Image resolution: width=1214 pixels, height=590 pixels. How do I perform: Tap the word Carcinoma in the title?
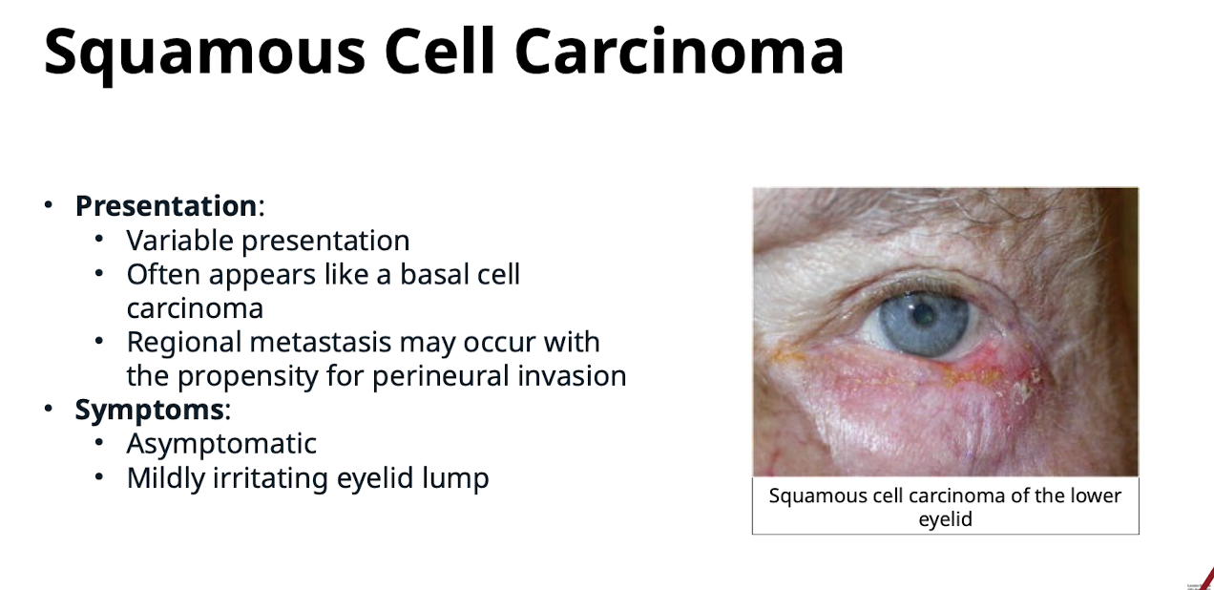(x=680, y=51)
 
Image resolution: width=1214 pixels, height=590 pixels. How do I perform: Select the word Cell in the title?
(x=440, y=51)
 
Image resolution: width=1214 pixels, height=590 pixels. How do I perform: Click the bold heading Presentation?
(x=166, y=206)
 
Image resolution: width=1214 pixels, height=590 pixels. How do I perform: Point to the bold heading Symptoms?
(x=149, y=410)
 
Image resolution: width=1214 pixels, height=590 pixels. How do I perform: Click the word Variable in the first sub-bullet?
(x=180, y=241)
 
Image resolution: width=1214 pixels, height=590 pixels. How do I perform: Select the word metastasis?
(x=321, y=342)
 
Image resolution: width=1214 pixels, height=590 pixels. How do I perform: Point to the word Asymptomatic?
(x=221, y=445)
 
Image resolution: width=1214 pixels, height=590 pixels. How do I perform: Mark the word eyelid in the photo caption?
(x=945, y=519)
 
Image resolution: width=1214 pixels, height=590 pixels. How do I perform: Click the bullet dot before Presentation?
(x=49, y=205)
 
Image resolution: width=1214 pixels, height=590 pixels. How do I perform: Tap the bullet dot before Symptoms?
(x=49, y=409)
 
